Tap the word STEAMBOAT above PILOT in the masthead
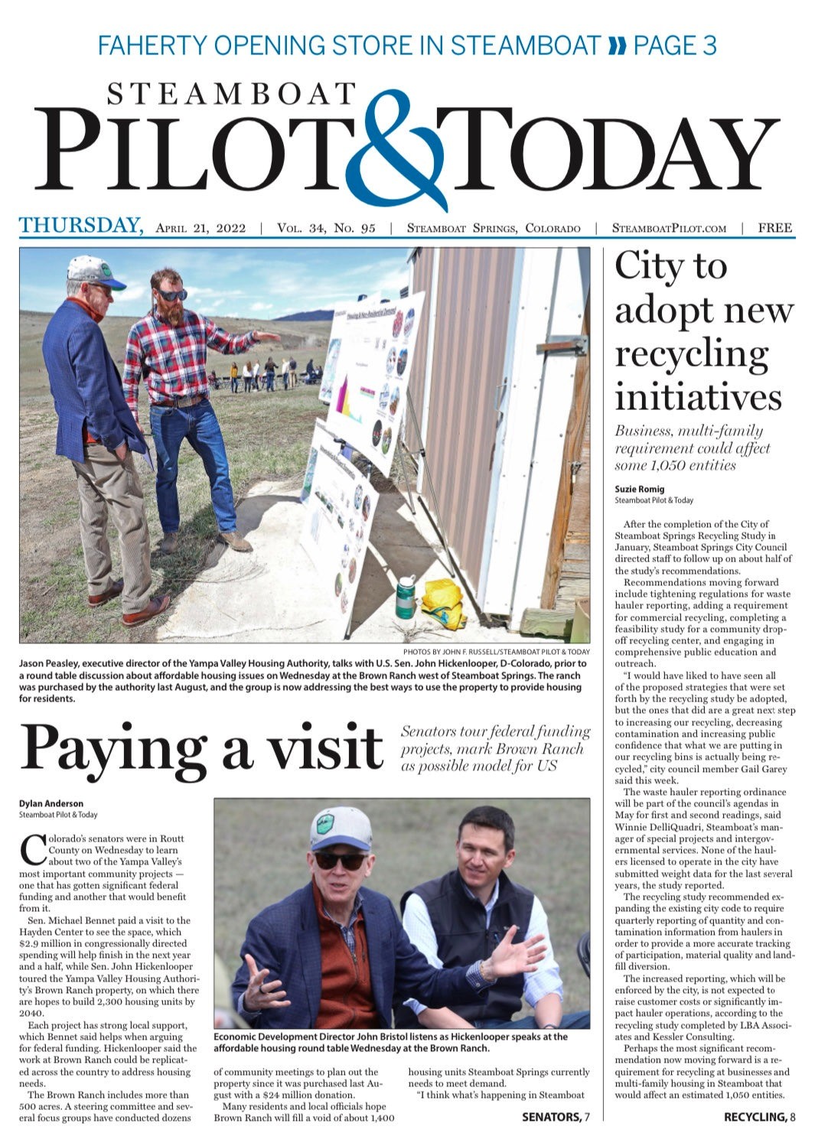click(231, 94)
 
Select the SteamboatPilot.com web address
click(669, 228)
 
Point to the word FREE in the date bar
click(774, 228)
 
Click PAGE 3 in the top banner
click(675, 46)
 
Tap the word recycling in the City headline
click(692, 354)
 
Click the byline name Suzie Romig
click(640, 489)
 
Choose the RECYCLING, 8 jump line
click(759, 1117)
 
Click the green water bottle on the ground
click(405, 597)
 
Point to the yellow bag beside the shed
click(445, 602)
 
